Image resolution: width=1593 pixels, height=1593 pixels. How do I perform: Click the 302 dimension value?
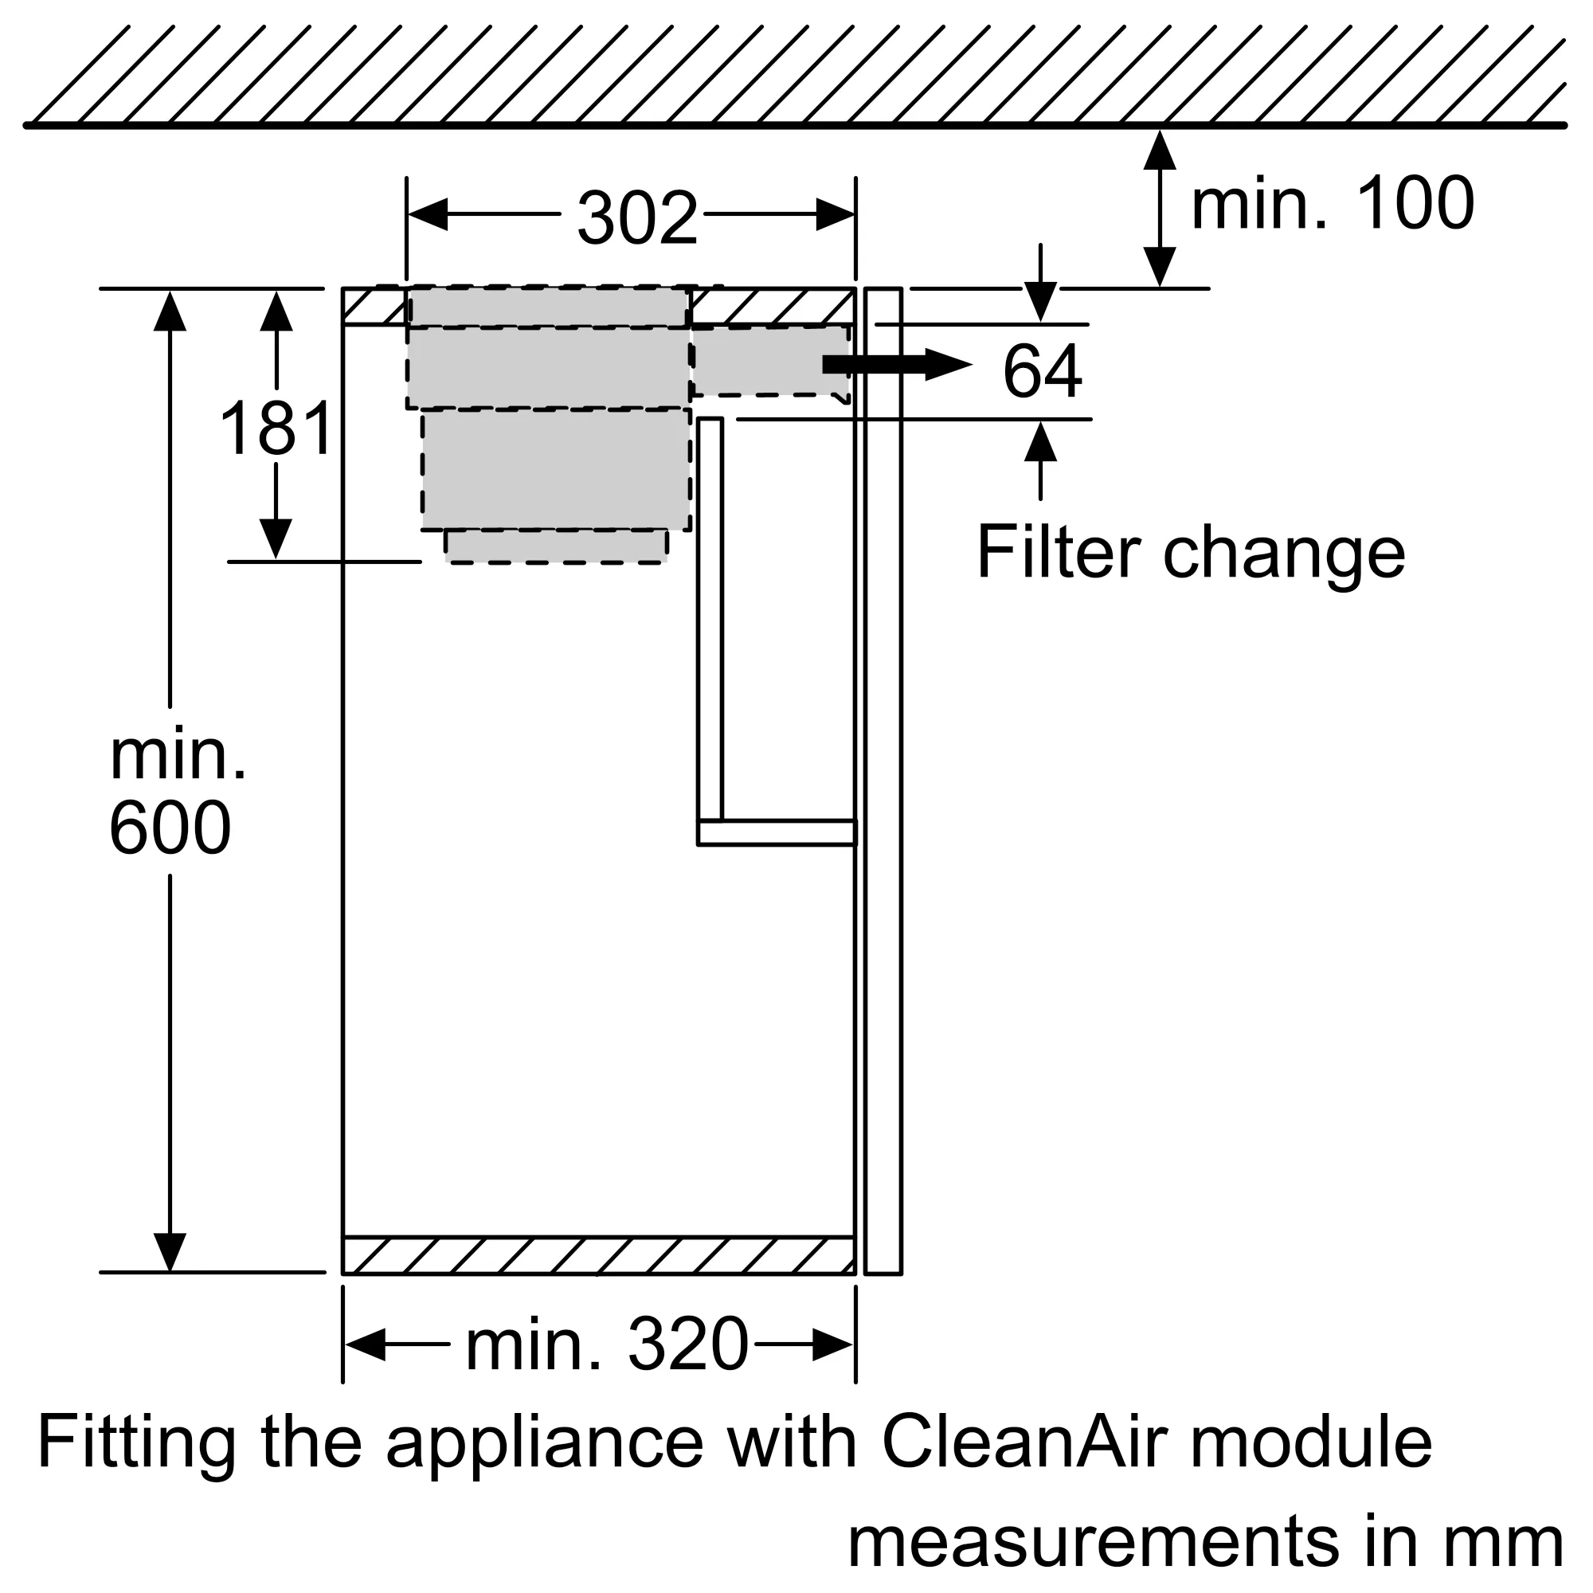(x=637, y=217)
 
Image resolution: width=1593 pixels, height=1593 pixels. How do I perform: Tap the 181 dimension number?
(x=276, y=427)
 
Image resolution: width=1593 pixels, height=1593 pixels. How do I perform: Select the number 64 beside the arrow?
(x=1042, y=371)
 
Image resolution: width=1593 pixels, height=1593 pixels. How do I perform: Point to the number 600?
(x=170, y=827)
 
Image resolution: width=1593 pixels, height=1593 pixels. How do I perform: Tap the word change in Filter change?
(x=1284, y=558)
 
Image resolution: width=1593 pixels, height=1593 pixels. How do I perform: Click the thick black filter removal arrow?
(x=897, y=365)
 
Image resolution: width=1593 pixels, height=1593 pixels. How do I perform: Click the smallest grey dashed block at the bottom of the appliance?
(x=557, y=546)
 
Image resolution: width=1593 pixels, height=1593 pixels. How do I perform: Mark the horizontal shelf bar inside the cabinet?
(x=777, y=833)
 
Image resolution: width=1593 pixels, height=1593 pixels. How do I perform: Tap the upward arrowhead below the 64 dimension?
(x=1040, y=441)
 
